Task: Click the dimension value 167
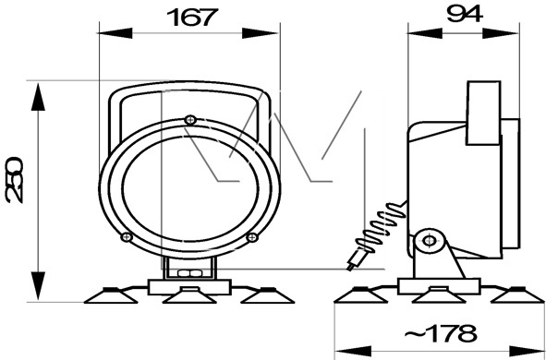tap(192, 18)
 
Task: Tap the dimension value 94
tap(465, 14)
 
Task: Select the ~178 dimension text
tap(441, 333)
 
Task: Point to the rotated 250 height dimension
tap(14, 179)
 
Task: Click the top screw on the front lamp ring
tap(190, 120)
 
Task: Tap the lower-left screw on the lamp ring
tap(127, 237)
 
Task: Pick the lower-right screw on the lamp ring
tap(252, 237)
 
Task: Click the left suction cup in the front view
tap(111, 295)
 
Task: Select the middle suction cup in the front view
tap(189, 295)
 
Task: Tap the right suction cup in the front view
tap(267, 295)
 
